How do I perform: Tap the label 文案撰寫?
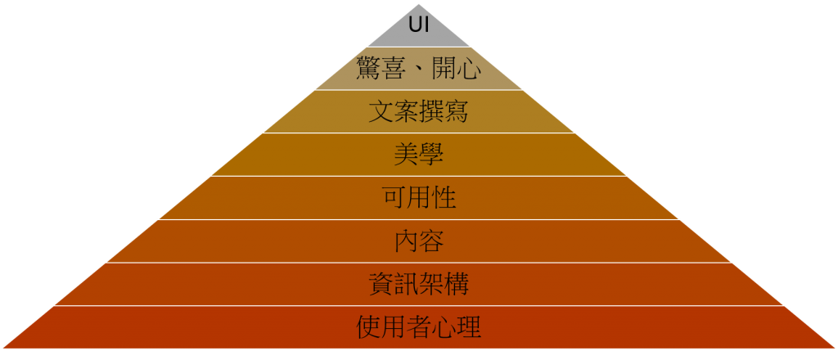418,111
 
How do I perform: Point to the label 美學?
418,155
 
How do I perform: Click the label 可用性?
418,198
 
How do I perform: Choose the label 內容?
418,241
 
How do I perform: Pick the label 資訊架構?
418,285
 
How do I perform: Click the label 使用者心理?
418,328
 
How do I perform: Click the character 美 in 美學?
407,155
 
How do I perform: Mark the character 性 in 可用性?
444,198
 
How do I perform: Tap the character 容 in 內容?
431,241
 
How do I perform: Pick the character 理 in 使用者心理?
468,328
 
